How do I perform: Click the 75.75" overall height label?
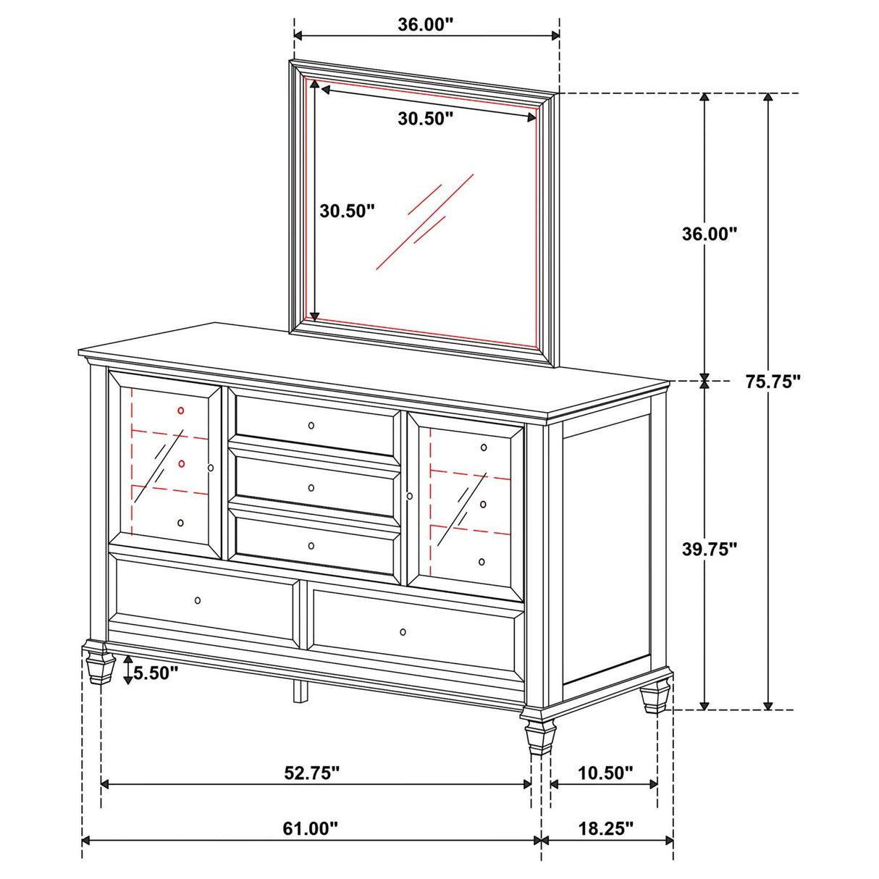pyautogui.click(x=773, y=382)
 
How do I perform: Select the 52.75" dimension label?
pyautogui.click(x=311, y=773)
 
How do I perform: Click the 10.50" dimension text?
pyautogui.click(x=606, y=773)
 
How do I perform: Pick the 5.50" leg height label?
pyautogui.click(x=154, y=673)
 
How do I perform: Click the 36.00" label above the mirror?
pyautogui.click(x=425, y=25)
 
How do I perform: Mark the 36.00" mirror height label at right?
pyautogui.click(x=709, y=234)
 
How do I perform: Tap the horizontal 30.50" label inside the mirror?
pyautogui.click(x=425, y=119)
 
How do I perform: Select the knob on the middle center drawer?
pyautogui.click(x=311, y=487)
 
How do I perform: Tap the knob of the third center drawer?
pyautogui.click(x=311, y=546)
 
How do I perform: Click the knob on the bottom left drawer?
pyautogui.click(x=198, y=600)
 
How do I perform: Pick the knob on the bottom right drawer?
pyautogui.click(x=403, y=632)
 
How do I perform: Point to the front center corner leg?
pyautogui.click(x=537, y=733)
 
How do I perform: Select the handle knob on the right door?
pyautogui.click(x=410, y=496)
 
